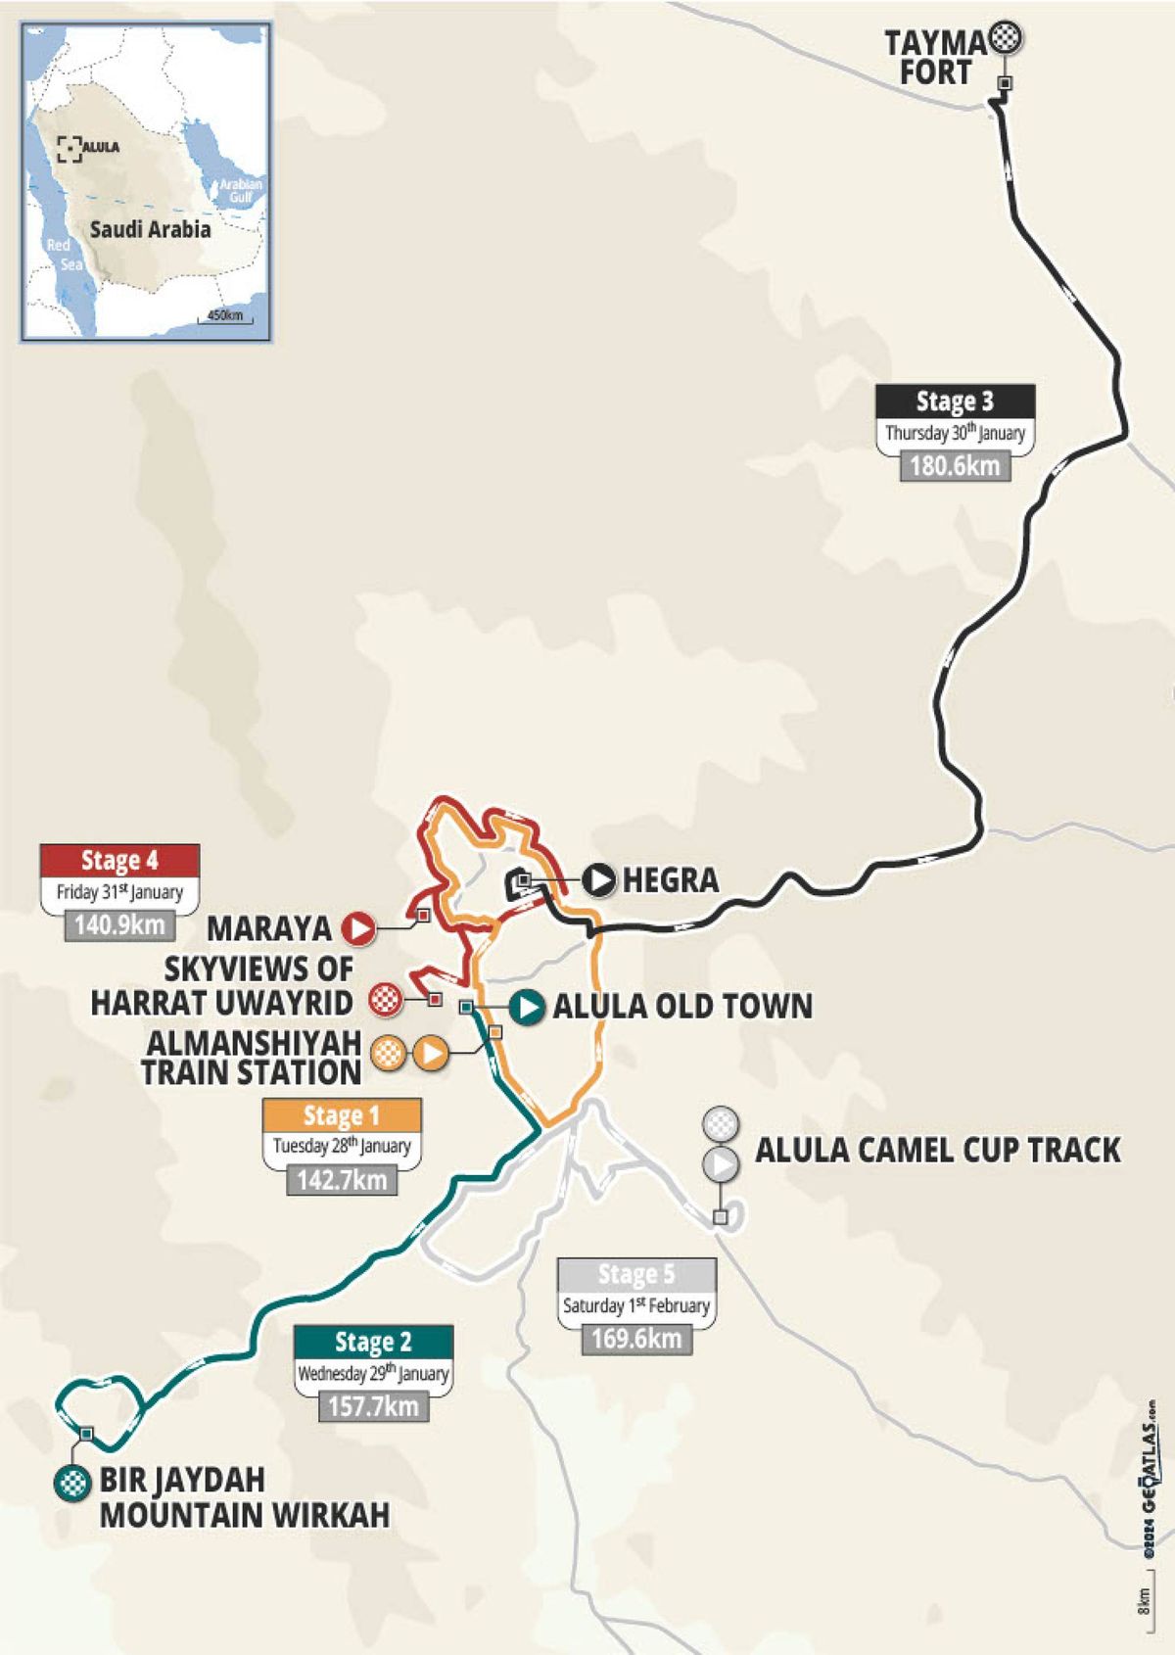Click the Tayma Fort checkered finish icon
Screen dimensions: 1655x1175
[x=1007, y=39]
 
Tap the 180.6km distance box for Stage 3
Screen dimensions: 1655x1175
[x=955, y=465]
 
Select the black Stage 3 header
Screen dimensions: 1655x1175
[x=955, y=402]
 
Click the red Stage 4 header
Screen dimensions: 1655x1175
[x=119, y=860]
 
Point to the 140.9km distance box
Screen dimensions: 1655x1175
[x=119, y=924]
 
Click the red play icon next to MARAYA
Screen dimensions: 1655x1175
[x=358, y=927]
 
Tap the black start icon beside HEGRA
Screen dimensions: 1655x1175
[x=598, y=879]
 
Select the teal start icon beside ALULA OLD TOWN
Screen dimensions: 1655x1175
[x=527, y=1007]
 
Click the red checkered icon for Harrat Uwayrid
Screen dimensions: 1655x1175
[x=386, y=1001]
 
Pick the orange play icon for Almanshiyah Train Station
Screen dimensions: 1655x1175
[x=429, y=1054]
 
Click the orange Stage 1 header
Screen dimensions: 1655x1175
[x=342, y=1115]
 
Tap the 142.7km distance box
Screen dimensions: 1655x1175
[x=342, y=1179]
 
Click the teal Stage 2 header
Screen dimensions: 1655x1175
[x=373, y=1342]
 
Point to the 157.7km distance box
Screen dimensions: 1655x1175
[x=373, y=1406]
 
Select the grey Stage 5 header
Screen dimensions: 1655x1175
[x=636, y=1274]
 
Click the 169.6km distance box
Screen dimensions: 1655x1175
[x=636, y=1339]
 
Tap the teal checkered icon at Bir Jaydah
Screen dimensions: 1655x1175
[x=71, y=1482]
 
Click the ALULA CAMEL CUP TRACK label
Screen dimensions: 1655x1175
[x=937, y=1150]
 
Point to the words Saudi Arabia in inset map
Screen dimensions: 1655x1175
[x=150, y=230]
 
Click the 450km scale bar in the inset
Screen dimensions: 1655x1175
[x=225, y=317]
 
